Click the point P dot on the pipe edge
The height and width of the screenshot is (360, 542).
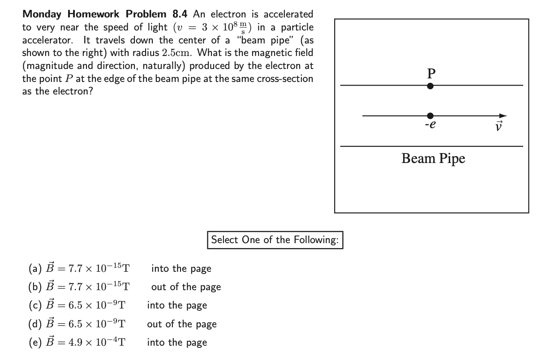click(x=430, y=86)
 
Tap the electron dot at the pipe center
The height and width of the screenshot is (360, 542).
click(x=430, y=116)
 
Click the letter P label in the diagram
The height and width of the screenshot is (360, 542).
click(x=431, y=73)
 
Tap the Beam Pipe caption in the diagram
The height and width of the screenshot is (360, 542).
click(x=433, y=158)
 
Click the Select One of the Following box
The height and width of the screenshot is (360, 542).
click(x=275, y=240)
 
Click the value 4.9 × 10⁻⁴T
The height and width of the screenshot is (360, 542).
click(x=96, y=343)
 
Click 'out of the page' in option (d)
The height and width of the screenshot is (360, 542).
click(x=182, y=324)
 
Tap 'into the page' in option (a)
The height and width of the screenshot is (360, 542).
click(x=181, y=269)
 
